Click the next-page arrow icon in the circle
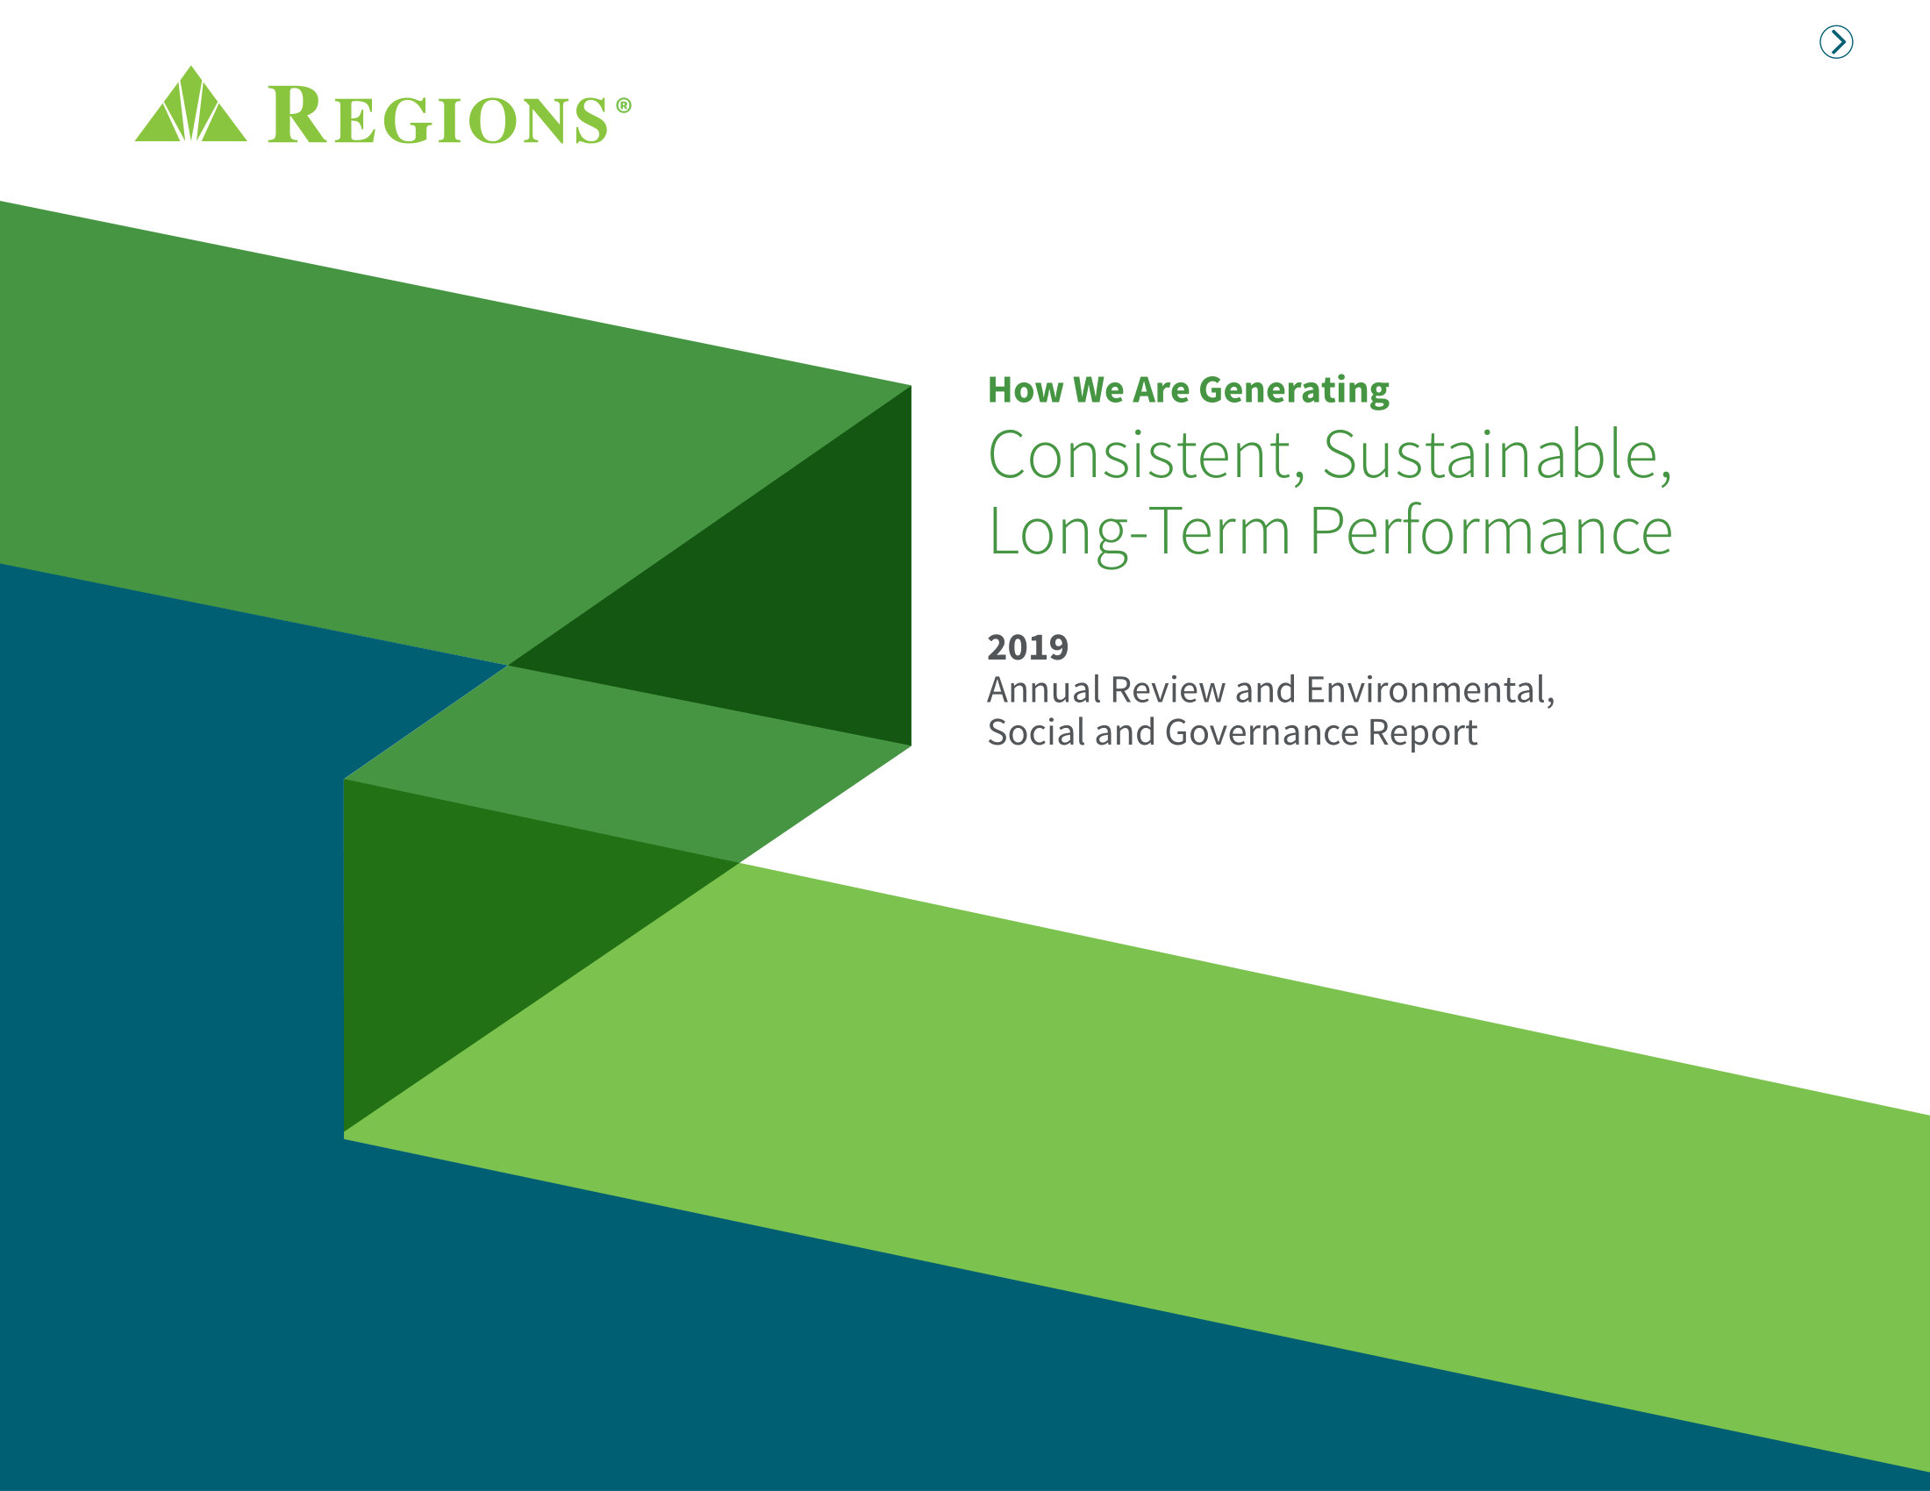pyautogui.click(x=1835, y=41)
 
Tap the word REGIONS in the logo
pyautogui.click(x=439, y=117)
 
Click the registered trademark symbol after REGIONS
pyautogui.click(x=623, y=105)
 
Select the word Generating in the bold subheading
pyautogui.click(x=1294, y=390)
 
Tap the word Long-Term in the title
pyautogui.click(x=1139, y=531)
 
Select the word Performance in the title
pyautogui.click(x=1490, y=531)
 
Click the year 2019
pyautogui.click(x=1028, y=647)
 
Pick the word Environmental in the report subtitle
pyautogui.click(x=1429, y=690)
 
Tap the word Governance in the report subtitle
pyautogui.click(x=1261, y=732)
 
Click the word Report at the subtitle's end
pyautogui.click(x=1422, y=732)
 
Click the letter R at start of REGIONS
pyautogui.click(x=296, y=115)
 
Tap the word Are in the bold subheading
pyautogui.click(x=1162, y=390)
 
